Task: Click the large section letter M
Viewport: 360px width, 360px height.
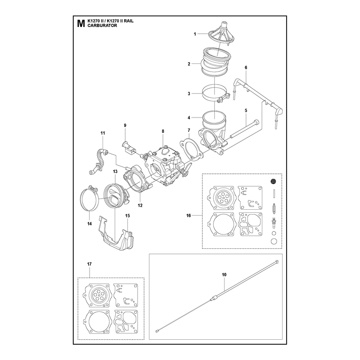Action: point(81,23)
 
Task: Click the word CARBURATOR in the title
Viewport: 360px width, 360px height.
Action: point(102,26)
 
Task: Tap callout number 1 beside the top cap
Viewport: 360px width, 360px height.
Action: point(195,34)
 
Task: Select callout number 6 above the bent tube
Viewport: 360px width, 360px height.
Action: point(246,67)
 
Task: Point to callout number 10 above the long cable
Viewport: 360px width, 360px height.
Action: point(224,274)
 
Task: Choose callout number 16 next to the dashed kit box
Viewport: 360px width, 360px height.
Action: point(189,216)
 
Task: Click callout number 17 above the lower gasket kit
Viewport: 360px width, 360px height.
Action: point(89,264)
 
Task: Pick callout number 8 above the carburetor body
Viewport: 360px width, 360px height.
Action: point(163,131)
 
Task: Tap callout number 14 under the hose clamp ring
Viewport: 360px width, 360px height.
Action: point(89,224)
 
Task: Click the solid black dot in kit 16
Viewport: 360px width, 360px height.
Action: point(273,181)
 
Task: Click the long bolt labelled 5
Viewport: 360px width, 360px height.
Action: point(244,130)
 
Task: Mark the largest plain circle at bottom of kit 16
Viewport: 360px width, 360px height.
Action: point(274,241)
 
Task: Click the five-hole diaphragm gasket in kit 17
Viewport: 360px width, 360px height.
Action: point(97,295)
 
